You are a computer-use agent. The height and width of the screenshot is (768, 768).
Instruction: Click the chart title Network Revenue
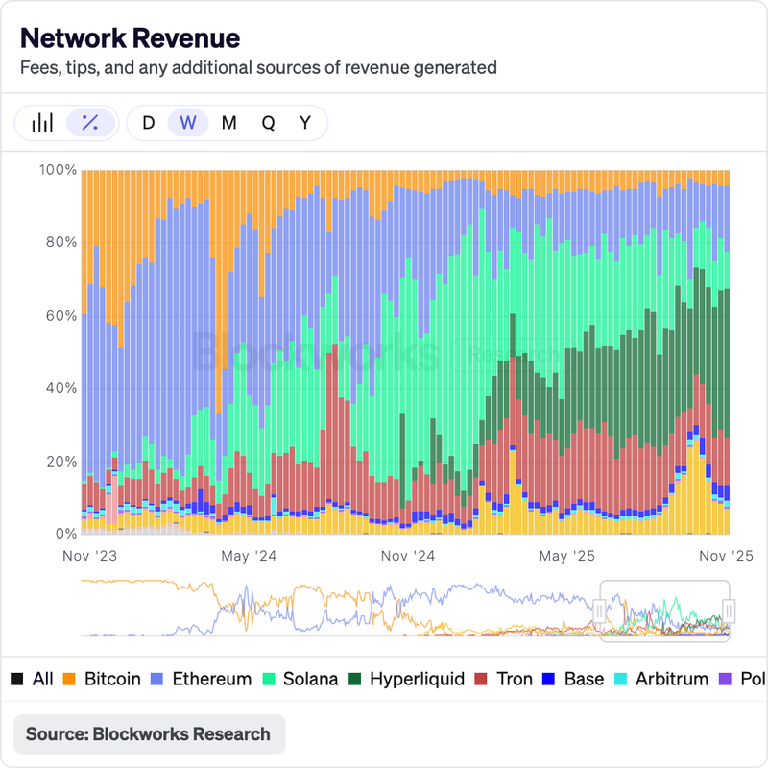(130, 38)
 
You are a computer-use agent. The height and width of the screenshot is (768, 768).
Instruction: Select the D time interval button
(148, 123)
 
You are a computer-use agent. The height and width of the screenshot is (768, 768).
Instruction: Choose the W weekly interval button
(188, 123)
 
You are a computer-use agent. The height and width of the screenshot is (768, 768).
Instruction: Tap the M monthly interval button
(228, 123)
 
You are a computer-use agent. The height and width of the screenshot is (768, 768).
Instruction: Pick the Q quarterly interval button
(268, 123)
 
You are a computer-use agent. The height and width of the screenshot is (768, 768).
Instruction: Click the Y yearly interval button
(305, 123)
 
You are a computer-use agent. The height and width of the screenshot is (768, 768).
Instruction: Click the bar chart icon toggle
(42, 123)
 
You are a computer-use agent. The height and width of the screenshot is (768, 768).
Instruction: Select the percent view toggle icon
(90, 123)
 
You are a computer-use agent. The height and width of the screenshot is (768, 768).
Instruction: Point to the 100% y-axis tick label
(58, 170)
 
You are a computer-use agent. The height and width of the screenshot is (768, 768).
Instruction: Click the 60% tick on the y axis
(60, 316)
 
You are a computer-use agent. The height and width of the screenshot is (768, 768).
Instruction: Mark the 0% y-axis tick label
(64, 534)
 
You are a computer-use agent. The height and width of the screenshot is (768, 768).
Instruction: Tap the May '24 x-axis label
(248, 556)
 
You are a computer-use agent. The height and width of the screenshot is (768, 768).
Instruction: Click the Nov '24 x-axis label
(408, 556)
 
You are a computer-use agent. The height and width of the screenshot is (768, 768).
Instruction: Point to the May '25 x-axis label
(567, 556)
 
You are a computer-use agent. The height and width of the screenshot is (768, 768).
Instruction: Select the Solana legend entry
(300, 679)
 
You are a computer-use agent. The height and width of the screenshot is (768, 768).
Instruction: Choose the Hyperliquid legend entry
(407, 679)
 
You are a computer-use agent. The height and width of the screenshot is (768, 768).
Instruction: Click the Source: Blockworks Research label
(148, 734)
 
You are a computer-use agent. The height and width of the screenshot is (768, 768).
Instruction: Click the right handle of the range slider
(730, 610)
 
